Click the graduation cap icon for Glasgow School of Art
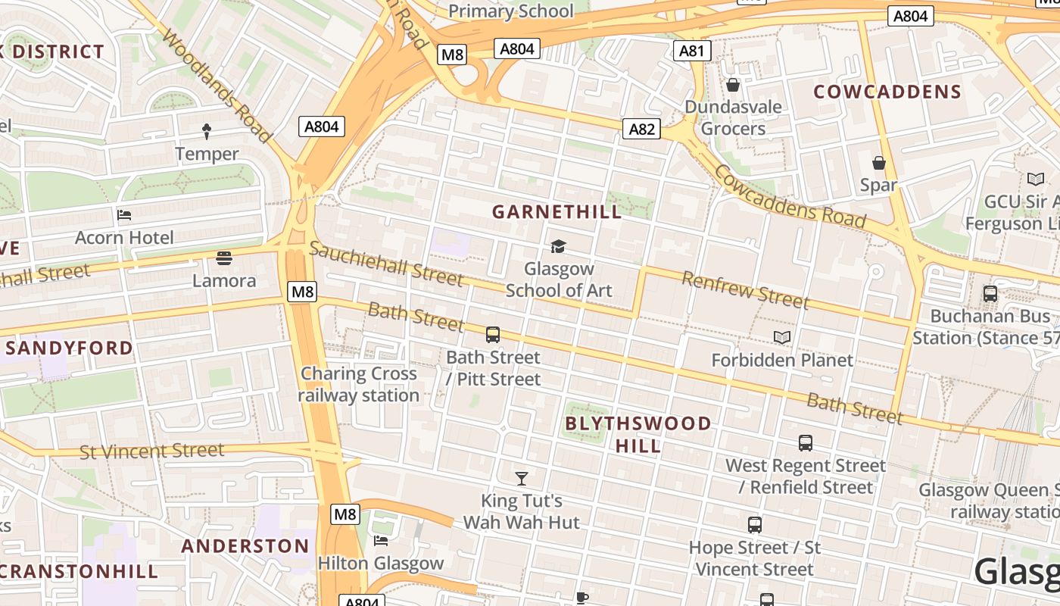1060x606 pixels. click(x=558, y=246)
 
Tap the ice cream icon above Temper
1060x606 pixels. click(x=207, y=132)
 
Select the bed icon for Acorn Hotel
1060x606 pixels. click(x=124, y=215)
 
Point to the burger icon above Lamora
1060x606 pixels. click(x=223, y=258)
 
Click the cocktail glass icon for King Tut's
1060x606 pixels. click(x=522, y=478)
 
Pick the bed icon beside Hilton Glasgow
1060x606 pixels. click(x=381, y=541)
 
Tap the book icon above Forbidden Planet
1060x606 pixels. click(x=782, y=337)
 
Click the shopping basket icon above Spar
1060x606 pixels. click(x=879, y=163)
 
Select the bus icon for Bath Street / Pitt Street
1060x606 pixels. click(x=493, y=334)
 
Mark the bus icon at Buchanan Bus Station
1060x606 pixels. click(x=990, y=293)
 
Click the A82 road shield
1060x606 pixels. click(x=641, y=129)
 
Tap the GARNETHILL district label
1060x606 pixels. click(x=556, y=211)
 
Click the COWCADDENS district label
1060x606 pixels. click(x=887, y=92)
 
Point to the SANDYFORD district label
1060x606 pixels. click(x=70, y=348)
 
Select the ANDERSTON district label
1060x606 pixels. click(x=245, y=546)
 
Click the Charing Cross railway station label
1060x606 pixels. click(x=359, y=385)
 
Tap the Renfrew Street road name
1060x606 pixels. click(x=745, y=290)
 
